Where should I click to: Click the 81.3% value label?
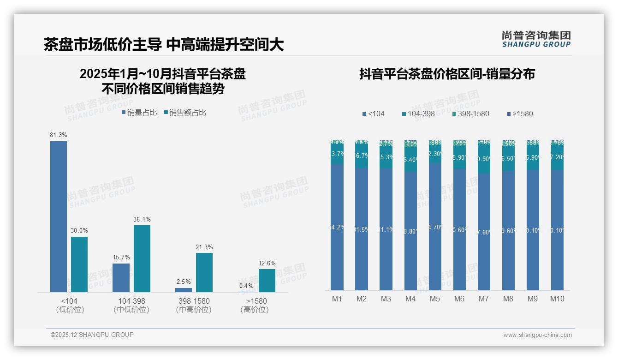click(x=59, y=135)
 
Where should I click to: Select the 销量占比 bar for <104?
click(x=59, y=217)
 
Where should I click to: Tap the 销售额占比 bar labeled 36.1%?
click(x=142, y=258)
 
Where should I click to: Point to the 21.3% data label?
click(x=204, y=247)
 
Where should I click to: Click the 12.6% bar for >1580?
click(x=267, y=281)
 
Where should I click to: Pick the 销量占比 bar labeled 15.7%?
click(x=121, y=278)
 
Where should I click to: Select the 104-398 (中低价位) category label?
click(x=131, y=305)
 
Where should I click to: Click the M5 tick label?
click(x=434, y=299)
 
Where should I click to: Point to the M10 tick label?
click(x=557, y=299)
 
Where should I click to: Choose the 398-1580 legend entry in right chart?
click(x=471, y=114)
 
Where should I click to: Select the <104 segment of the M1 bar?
click(x=337, y=227)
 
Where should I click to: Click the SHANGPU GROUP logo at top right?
click(x=536, y=39)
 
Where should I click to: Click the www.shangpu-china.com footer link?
click(x=537, y=335)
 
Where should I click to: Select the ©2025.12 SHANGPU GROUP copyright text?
click(x=92, y=335)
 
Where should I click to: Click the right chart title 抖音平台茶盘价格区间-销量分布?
click(x=447, y=74)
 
